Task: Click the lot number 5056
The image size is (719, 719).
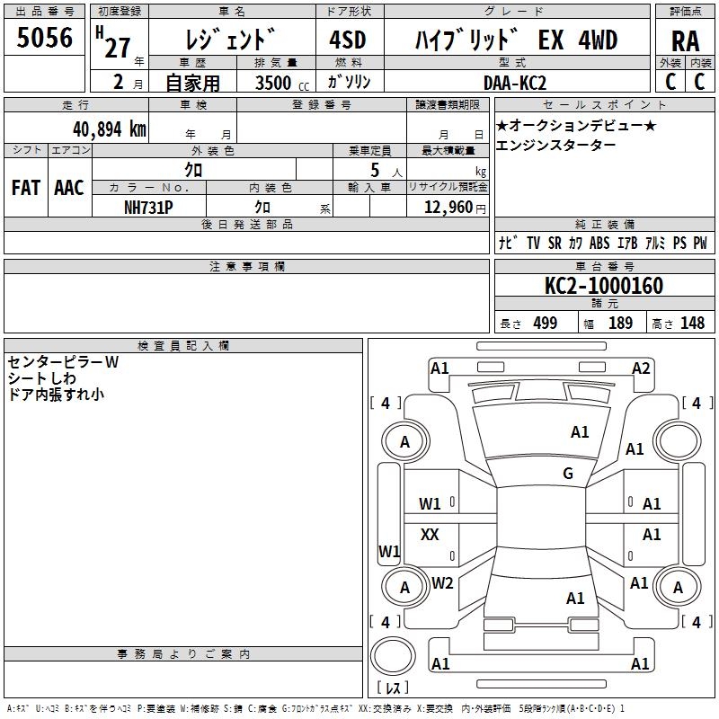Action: click(45, 37)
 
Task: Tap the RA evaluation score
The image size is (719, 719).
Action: click(685, 40)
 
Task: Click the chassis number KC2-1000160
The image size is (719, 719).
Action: click(604, 286)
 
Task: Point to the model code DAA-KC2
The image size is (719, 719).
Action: click(514, 83)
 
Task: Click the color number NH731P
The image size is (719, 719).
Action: click(148, 207)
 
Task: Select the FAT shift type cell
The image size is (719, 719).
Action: click(26, 188)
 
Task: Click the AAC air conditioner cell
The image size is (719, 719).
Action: click(69, 188)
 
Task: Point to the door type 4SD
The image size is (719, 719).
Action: click(347, 40)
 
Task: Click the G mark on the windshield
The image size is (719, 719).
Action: click(568, 473)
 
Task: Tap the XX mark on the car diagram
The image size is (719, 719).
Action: click(431, 535)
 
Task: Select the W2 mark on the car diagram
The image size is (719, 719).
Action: click(442, 582)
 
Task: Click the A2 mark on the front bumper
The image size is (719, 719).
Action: click(641, 368)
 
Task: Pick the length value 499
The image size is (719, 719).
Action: click(545, 324)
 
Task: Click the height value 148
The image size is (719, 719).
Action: click(692, 324)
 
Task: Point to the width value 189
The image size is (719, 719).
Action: click(620, 324)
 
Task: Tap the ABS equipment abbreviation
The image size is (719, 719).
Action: click(599, 244)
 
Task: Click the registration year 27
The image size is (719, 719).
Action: click(117, 48)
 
